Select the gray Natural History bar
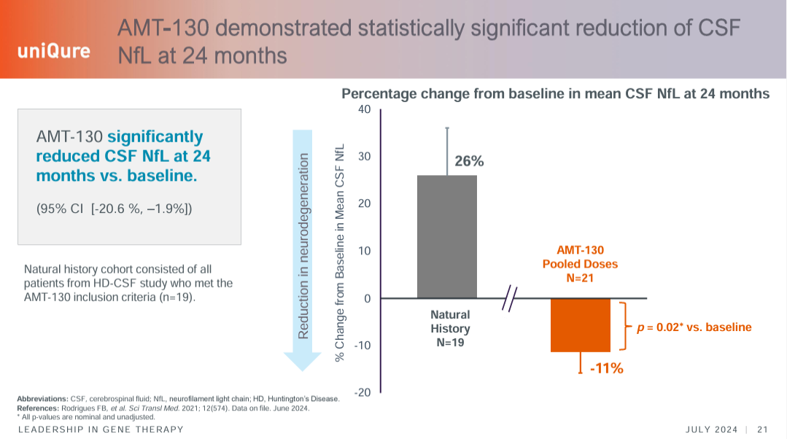tap(446, 236)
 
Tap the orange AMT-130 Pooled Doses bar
tap(580, 325)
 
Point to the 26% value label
tap(469, 161)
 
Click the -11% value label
tap(605, 369)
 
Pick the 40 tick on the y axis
tap(364, 109)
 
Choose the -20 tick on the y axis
tap(362, 392)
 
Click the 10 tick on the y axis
tap(364, 251)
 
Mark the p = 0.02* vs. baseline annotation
tap(694, 327)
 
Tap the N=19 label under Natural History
tap(450, 343)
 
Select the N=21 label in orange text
tap(580, 278)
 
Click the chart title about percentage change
tap(556, 93)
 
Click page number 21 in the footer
tap(764, 429)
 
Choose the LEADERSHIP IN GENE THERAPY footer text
tap(101, 430)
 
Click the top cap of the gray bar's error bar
tap(446, 128)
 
